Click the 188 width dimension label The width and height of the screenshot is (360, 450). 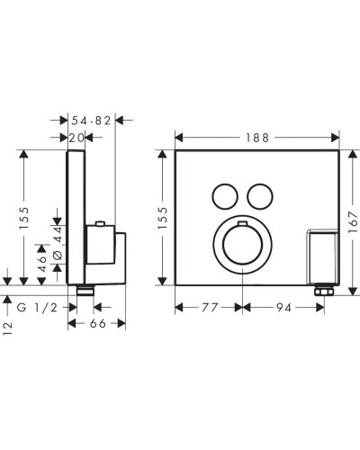pos(256,138)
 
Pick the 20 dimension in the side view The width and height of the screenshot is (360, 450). pos(79,137)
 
